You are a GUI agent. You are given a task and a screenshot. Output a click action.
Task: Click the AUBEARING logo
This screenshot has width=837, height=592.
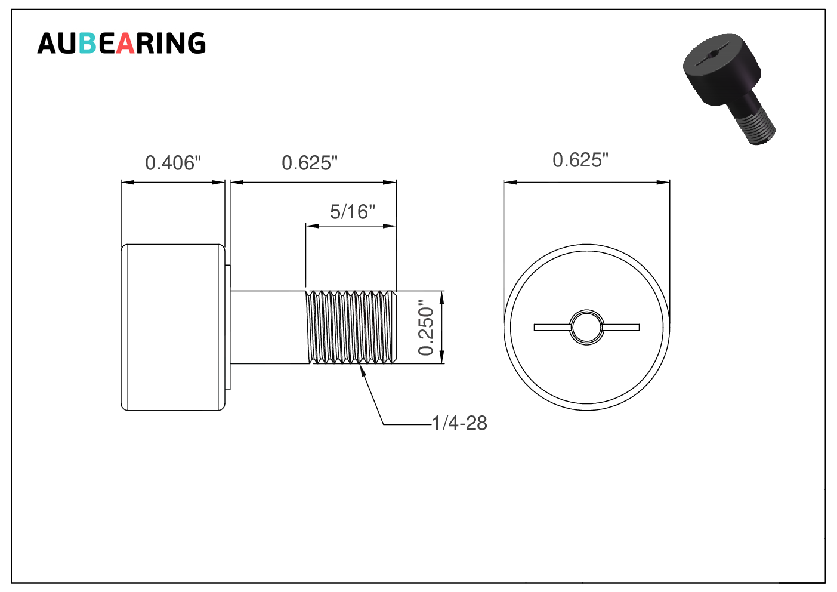click(122, 43)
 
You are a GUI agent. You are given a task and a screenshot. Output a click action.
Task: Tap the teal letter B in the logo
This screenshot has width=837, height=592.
click(88, 44)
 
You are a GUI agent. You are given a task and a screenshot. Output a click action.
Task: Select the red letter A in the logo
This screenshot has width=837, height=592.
click(125, 44)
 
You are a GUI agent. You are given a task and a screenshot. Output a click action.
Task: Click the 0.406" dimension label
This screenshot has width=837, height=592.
click(173, 163)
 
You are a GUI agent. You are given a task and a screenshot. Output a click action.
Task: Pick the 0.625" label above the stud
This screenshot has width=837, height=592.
click(310, 163)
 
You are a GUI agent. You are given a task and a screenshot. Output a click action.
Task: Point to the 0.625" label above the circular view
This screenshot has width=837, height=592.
click(580, 160)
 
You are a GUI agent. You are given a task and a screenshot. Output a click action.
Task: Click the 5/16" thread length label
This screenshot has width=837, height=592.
click(353, 212)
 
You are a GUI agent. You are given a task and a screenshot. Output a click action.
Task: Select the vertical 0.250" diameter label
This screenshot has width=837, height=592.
click(426, 328)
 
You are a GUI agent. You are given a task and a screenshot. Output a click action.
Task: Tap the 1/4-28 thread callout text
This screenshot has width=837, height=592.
click(459, 424)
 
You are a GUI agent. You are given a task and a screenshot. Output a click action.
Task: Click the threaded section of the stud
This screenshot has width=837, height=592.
click(351, 327)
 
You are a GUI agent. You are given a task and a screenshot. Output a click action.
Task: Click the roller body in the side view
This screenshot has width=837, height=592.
click(173, 328)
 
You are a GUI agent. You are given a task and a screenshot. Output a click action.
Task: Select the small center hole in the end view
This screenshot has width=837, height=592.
click(586, 328)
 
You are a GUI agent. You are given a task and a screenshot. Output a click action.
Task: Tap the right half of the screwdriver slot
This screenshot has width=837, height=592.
click(621, 328)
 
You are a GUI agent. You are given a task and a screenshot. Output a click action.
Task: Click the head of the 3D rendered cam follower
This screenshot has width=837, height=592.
click(721, 69)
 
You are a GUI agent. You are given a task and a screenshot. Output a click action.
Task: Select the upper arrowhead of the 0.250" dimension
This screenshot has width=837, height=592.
click(441, 298)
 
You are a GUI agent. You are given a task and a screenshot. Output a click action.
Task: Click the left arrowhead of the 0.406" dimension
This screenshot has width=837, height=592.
click(128, 183)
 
